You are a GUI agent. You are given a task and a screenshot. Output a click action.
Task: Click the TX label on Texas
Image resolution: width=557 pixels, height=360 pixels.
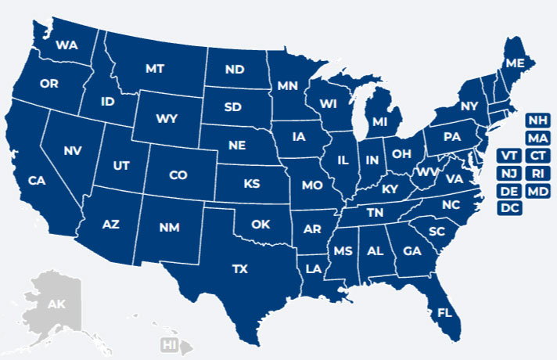click(240, 268)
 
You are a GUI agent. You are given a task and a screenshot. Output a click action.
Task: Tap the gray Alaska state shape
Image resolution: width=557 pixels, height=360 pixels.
click(55, 305)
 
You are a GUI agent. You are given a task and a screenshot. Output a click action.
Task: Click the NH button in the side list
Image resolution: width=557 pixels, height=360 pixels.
click(537, 120)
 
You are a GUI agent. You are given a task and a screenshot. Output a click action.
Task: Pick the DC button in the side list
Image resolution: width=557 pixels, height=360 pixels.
click(509, 207)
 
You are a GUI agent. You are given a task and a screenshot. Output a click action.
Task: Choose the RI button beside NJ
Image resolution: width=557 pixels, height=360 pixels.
click(537, 172)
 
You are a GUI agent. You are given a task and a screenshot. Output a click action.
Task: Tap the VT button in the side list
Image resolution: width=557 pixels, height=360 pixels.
click(509, 154)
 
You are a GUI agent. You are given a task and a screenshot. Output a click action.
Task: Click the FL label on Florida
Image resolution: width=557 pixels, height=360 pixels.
click(445, 313)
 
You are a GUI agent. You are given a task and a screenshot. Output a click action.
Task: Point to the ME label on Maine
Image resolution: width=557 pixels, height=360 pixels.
click(515, 63)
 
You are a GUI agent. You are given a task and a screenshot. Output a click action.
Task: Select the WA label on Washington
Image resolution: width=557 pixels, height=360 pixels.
click(67, 45)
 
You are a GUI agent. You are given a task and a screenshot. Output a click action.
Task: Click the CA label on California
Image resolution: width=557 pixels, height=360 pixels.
click(37, 181)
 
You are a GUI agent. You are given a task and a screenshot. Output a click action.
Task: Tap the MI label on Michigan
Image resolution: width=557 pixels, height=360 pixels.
click(380, 123)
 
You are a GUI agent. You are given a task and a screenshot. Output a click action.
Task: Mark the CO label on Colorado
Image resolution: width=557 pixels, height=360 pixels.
click(178, 175)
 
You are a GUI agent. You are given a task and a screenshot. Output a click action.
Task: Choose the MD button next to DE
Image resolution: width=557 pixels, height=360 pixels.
click(537, 190)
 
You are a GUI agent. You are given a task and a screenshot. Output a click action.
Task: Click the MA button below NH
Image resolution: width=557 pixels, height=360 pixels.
click(537, 138)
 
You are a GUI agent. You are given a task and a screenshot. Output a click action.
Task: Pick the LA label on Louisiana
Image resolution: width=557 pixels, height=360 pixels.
click(313, 268)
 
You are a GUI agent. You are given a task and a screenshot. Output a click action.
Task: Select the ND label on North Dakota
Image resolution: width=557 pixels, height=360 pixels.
click(234, 70)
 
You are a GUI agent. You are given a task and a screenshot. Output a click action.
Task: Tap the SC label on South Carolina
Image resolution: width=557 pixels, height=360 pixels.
click(437, 232)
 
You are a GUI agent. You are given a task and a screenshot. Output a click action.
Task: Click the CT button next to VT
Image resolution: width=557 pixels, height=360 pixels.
click(537, 154)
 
